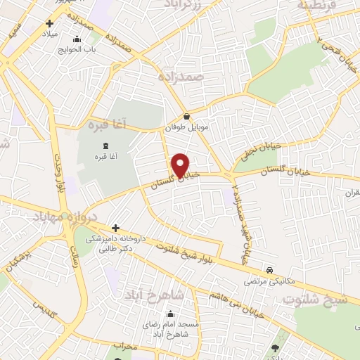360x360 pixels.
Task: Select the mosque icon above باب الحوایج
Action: pos(77,39)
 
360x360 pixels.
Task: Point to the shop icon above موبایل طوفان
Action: pos(186,117)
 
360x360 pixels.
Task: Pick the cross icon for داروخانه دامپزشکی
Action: pos(116,229)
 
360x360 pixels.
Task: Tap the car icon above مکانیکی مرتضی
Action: pos(269,269)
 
